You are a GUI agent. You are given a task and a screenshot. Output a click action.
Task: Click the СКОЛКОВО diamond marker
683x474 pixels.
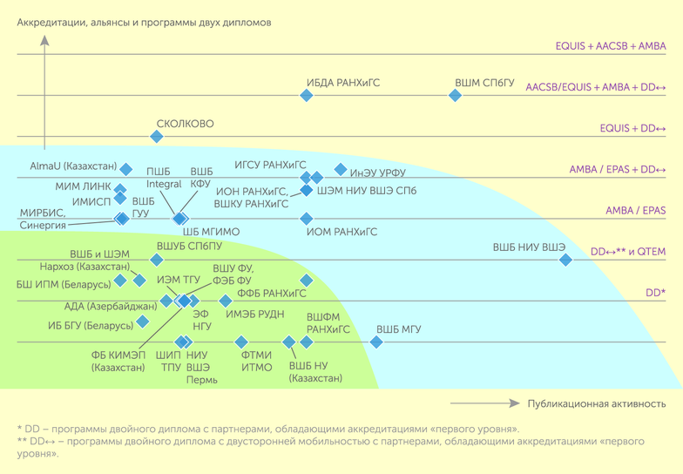[157, 137]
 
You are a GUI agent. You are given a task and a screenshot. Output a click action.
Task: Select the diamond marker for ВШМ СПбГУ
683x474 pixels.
[456, 96]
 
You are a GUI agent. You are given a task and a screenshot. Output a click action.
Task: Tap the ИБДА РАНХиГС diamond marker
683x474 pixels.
[307, 96]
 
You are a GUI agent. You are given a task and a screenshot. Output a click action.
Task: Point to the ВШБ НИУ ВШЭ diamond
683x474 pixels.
[566, 260]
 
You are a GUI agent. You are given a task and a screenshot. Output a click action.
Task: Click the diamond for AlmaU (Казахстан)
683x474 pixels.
[126, 168]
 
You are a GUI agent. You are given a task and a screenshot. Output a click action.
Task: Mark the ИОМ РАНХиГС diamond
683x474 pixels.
[306, 219]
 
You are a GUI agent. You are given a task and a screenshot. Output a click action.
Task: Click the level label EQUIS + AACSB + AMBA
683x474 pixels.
[611, 45]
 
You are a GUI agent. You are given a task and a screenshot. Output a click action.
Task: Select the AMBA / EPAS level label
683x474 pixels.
[635, 211]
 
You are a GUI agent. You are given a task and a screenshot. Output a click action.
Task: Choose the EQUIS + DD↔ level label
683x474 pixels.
[632, 128]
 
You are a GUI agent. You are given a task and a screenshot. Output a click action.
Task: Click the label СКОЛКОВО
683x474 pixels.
[185, 125]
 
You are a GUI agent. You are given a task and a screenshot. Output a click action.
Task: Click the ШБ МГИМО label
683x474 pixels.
[211, 232]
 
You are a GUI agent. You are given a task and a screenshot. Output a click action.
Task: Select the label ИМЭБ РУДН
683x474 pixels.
[254, 315]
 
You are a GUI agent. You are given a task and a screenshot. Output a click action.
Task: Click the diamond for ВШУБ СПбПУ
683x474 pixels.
[157, 260]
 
